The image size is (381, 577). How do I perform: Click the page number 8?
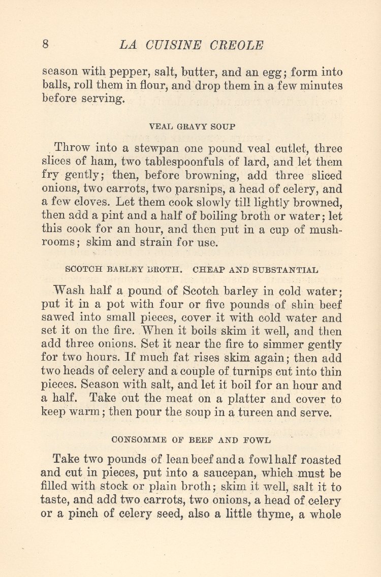pos(45,44)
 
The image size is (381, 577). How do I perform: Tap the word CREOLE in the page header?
pos(236,45)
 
